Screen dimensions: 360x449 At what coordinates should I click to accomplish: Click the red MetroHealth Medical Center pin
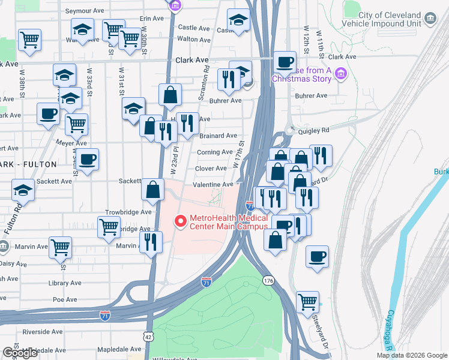179,222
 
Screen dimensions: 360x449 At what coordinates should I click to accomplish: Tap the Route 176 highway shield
268,280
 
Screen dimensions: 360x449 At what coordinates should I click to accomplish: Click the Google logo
20,353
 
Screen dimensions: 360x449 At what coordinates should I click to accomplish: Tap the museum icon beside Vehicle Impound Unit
430,19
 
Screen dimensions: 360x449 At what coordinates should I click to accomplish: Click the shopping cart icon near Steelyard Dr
307,301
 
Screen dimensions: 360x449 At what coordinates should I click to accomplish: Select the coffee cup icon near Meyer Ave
88,160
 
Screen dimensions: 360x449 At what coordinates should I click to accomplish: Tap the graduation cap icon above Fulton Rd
23,190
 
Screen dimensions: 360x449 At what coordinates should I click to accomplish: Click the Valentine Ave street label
212,185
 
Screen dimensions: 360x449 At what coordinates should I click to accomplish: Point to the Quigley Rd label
316,130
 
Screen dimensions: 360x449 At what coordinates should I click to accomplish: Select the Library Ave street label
66,283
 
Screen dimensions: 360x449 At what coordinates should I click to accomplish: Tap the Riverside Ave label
43,332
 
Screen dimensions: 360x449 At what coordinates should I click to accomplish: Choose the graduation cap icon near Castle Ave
238,21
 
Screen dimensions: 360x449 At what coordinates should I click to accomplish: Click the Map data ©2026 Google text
412,355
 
